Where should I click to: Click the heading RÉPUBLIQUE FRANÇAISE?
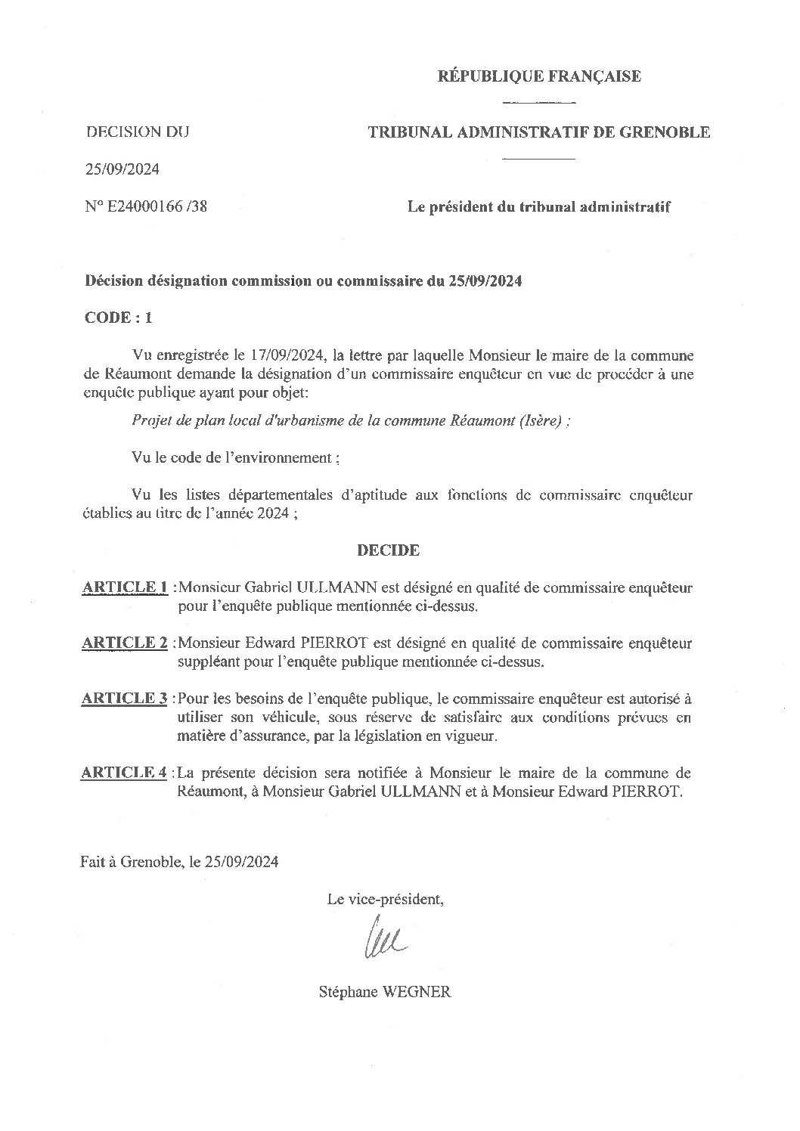click(x=540, y=76)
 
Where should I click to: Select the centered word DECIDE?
click(x=388, y=550)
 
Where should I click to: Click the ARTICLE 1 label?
click(x=125, y=587)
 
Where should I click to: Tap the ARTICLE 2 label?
click(x=125, y=643)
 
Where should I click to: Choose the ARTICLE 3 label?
click(x=125, y=699)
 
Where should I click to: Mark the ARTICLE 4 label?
click(x=125, y=773)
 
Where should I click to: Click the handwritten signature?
click(x=386, y=940)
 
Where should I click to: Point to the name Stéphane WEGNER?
click(x=385, y=993)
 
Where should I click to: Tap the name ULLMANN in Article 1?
click(x=340, y=587)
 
